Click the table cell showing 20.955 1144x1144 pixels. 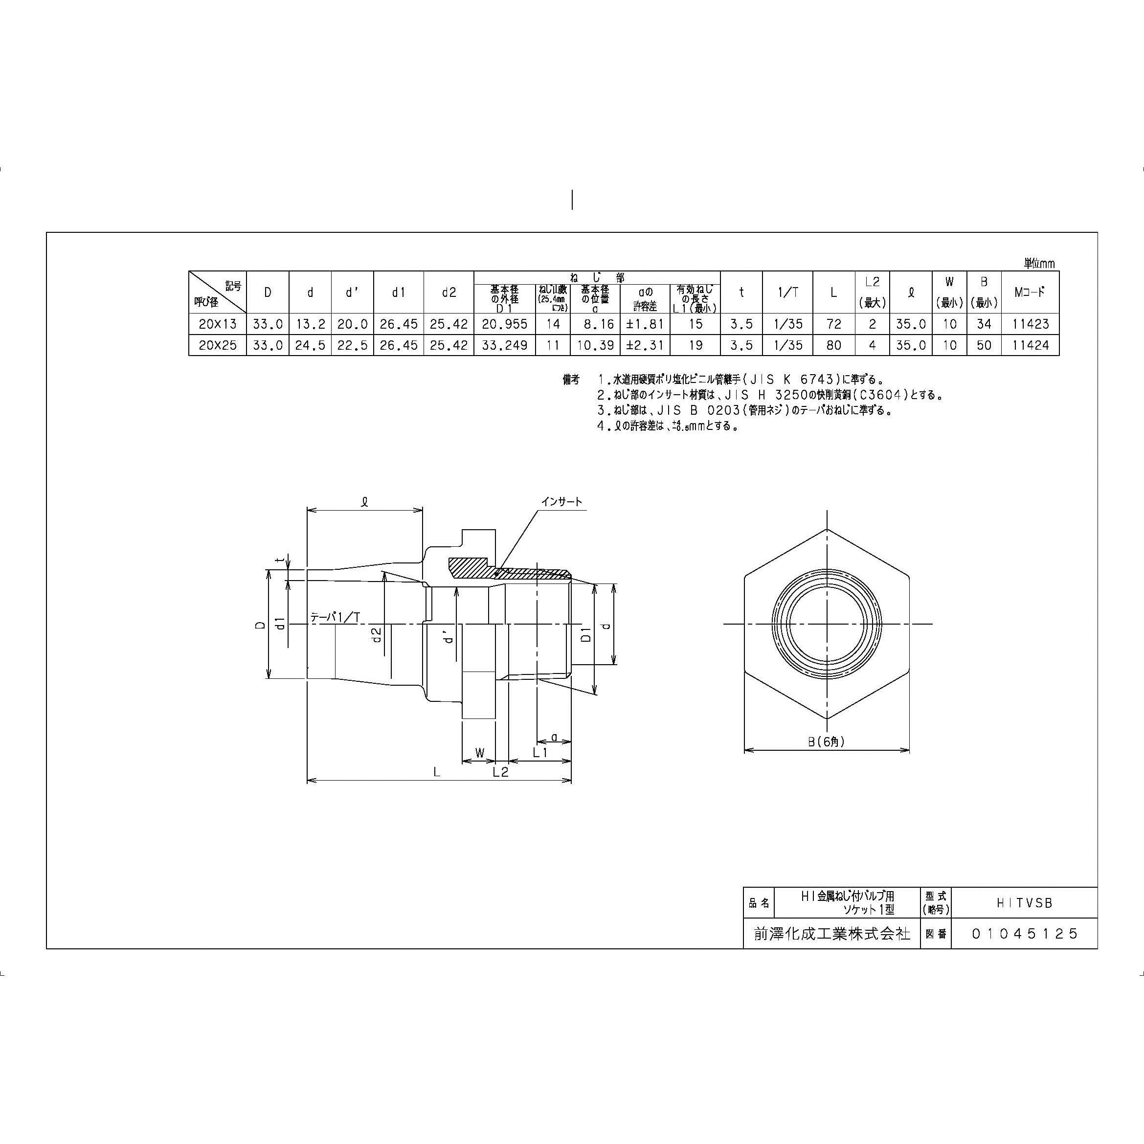coord(504,324)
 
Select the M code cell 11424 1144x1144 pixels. coord(1031,345)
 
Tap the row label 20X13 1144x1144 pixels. coord(217,324)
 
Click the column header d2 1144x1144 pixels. coord(449,292)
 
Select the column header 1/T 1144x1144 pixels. coord(787,292)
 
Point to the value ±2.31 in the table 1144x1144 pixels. coord(645,345)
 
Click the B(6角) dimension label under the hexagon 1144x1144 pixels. coord(827,741)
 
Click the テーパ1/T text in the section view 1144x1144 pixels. coord(335,617)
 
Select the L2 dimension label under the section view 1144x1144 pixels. coord(500,772)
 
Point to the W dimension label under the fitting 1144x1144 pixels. coord(480,753)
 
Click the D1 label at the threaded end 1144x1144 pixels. coord(585,634)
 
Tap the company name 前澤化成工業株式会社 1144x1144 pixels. coord(832,934)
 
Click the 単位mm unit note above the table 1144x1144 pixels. coord(1039,263)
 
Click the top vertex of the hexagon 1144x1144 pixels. coord(827,529)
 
